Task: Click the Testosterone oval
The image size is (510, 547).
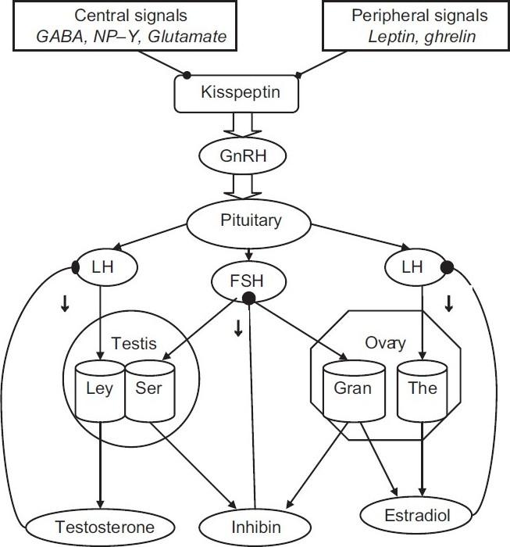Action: click(98, 523)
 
